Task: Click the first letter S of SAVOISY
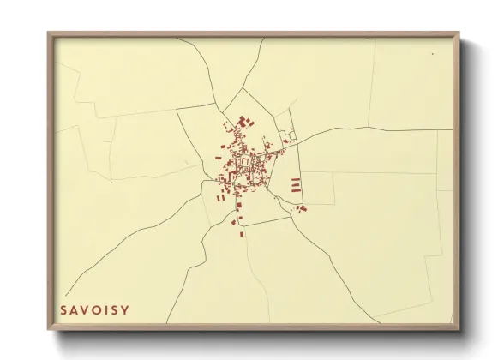click(63, 309)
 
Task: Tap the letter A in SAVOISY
click(73, 309)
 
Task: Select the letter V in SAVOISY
click(84, 309)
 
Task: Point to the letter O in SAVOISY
click(95, 309)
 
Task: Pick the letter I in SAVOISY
click(105, 309)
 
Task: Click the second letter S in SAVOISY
click(113, 309)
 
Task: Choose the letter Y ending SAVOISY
click(123, 309)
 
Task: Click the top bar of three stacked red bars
click(296, 179)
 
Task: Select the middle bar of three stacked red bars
click(296, 184)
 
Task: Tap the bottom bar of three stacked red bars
click(296, 189)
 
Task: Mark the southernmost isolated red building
click(242, 233)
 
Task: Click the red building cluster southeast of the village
click(301, 207)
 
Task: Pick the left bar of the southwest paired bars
click(218, 197)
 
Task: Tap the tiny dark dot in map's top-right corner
click(433, 54)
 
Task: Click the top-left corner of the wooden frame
click(49, 34)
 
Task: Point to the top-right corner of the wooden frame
click(459, 34)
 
